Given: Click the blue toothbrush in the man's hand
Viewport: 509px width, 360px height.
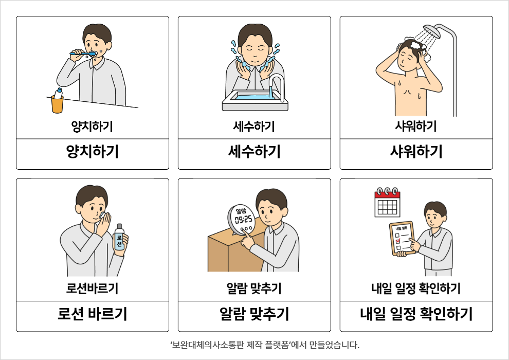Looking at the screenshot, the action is click(83, 53).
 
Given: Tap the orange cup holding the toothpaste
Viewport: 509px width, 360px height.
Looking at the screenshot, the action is click(57, 104).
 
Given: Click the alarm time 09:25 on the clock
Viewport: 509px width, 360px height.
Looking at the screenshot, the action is click(244, 220).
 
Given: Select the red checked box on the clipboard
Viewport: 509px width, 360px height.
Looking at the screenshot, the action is click(397, 241).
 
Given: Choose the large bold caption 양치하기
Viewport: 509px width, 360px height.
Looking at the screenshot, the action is click(93, 152).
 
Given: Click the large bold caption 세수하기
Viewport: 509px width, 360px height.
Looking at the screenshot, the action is click(254, 152).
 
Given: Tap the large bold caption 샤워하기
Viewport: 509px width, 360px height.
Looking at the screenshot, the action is click(416, 152).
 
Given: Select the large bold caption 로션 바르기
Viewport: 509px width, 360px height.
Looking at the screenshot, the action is click(93, 314).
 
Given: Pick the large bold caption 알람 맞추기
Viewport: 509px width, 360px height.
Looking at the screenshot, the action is click(254, 314).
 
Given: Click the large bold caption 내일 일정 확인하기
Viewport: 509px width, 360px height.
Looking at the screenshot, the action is click(416, 314).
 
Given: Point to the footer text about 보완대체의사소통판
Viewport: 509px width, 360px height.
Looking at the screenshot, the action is click(265, 345).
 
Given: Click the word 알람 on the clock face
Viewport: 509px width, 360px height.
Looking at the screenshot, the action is click(241, 210).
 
